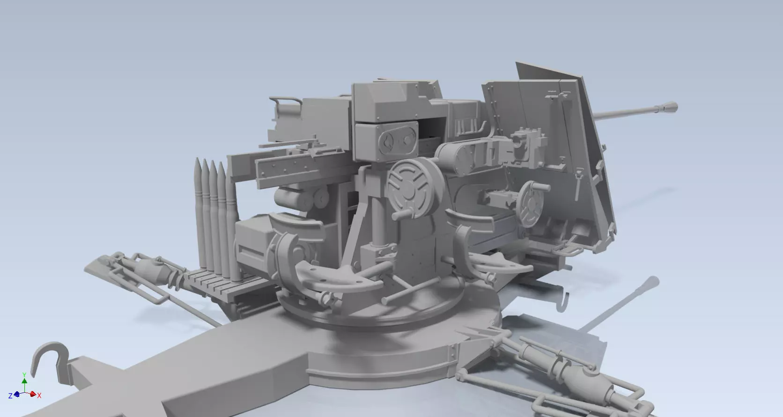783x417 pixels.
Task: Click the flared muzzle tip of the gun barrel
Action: coord(671,107)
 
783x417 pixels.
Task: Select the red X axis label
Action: coord(40,395)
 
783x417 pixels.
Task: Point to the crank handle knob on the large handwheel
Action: coord(399,215)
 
